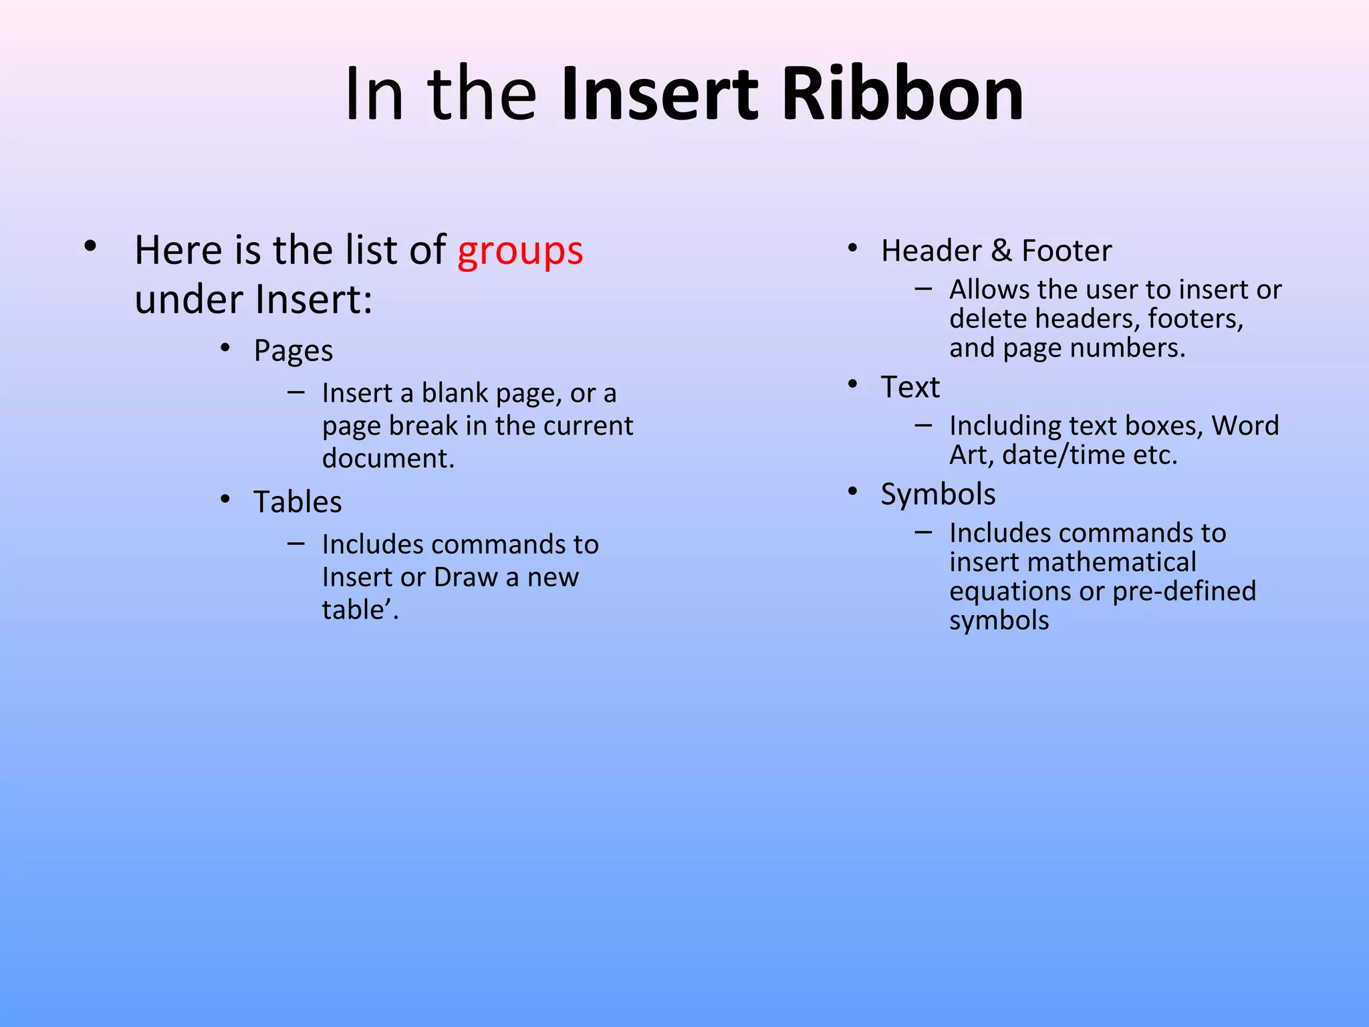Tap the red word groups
(520, 251)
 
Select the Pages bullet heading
(293, 351)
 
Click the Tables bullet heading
(297, 502)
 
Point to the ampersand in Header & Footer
(1001, 251)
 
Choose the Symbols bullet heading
(938, 495)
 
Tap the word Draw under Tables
(465, 577)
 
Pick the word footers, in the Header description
(1195, 319)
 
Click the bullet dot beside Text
(852, 384)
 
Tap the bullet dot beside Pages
(225, 348)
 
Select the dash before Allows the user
(923, 289)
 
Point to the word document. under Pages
(388, 459)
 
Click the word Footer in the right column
(1066, 251)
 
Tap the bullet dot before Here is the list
(90, 246)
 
